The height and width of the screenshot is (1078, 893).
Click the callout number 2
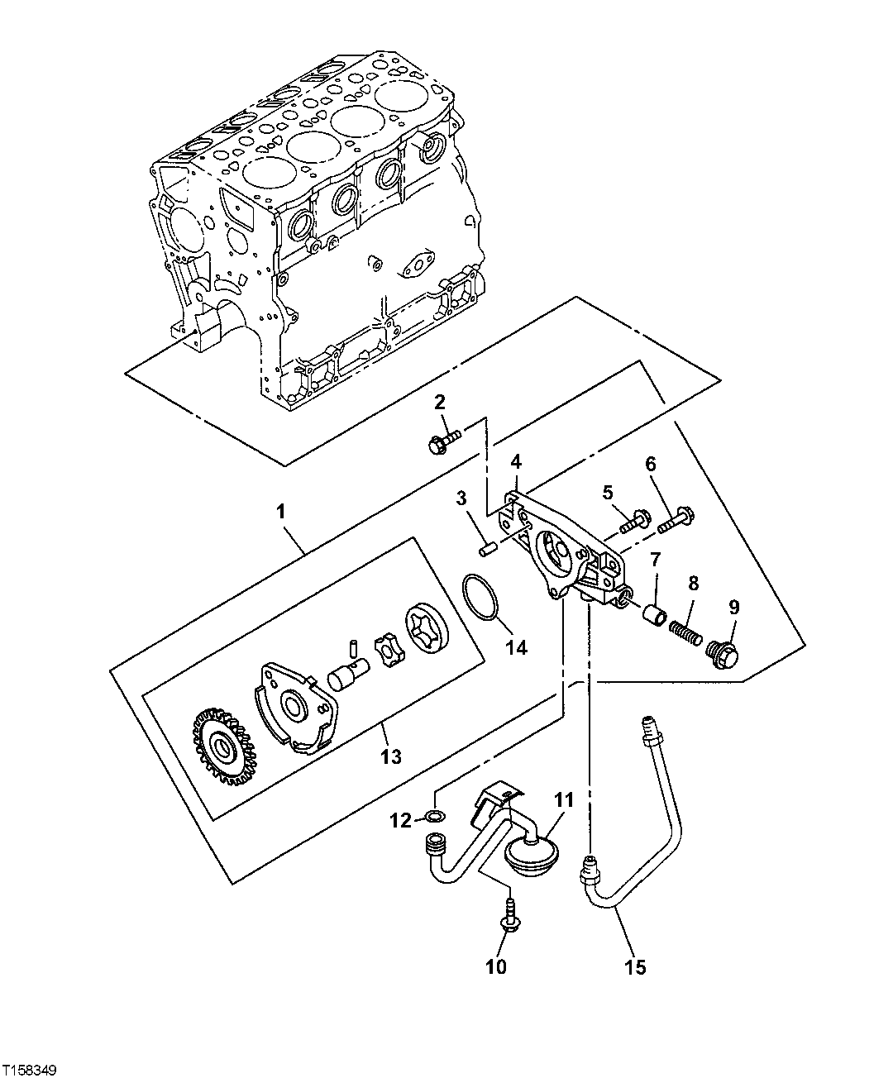(440, 403)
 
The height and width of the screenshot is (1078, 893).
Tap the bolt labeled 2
(443, 441)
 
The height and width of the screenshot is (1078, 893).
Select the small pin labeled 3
(488, 546)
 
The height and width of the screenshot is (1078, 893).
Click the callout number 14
(516, 649)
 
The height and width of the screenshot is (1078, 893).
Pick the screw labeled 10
(509, 920)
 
